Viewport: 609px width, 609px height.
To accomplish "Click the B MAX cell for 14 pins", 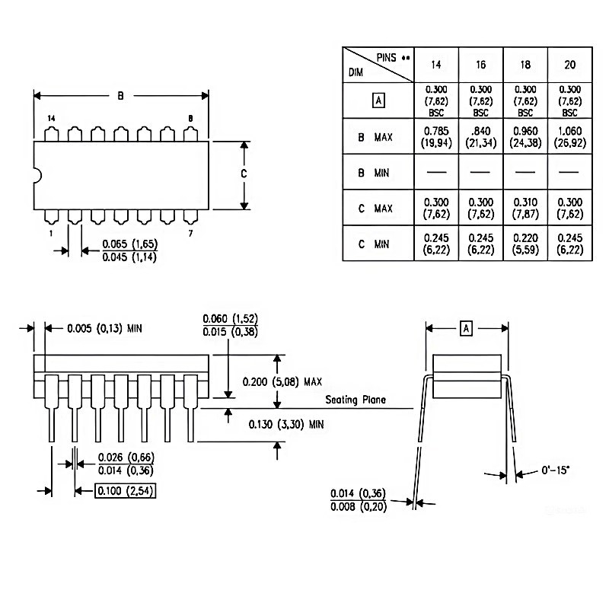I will [x=436, y=138].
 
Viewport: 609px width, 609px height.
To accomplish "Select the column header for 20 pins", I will [x=569, y=65].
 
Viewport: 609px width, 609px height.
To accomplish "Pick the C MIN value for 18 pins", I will [x=525, y=244].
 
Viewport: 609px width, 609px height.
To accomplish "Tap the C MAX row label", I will [x=375, y=208].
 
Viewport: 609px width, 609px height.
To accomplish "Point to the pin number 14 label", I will [x=51, y=119].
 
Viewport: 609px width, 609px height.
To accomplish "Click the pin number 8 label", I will [x=190, y=119].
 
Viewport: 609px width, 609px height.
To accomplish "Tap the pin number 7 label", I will [x=190, y=233].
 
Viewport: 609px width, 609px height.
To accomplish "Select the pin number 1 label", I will [x=51, y=233].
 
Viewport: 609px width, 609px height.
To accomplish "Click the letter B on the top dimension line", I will [x=120, y=96].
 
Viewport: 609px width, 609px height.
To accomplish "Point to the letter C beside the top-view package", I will [x=244, y=174].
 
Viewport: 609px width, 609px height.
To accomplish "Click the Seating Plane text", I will [x=356, y=400].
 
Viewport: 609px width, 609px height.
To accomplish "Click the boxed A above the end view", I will [x=467, y=328].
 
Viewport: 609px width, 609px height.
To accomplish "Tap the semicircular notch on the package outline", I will [x=36, y=175].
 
